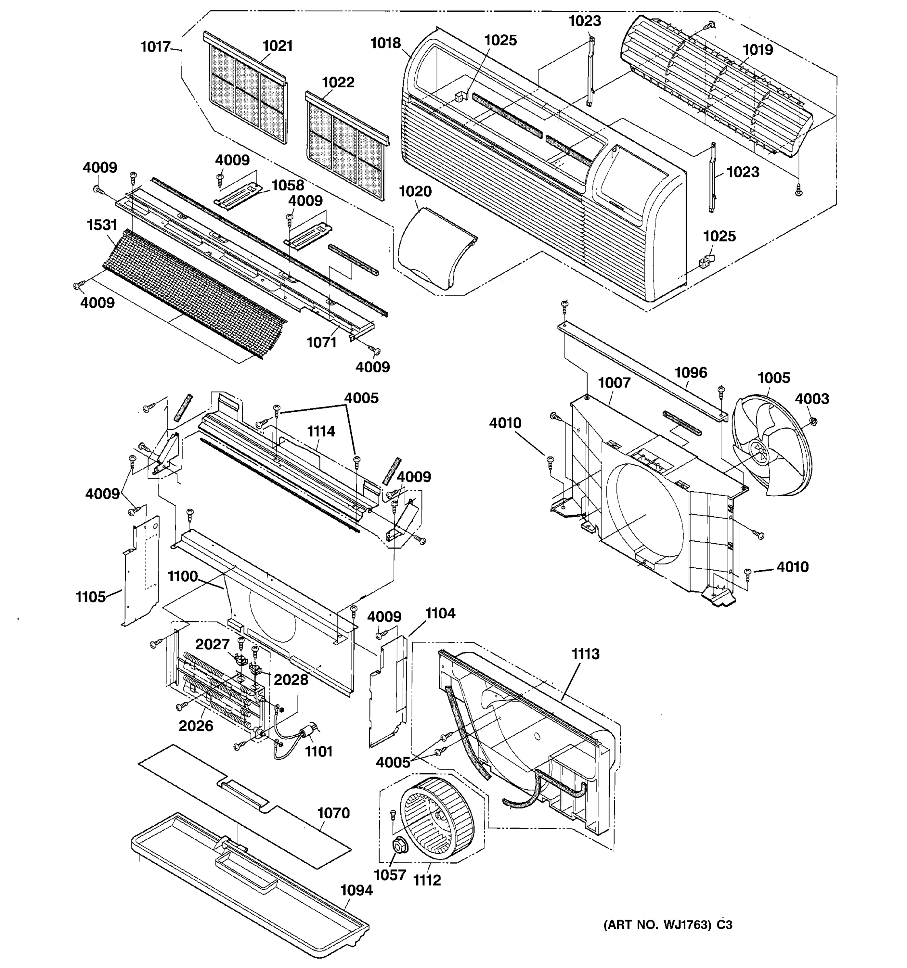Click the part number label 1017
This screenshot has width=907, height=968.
pyautogui.click(x=155, y=47)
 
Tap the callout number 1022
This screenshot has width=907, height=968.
pyautogui.click(x=338, y=82)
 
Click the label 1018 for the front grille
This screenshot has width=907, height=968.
pyautogui.click(x=385, y=43)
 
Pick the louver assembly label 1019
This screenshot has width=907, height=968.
pyautogui.click(x=757, y=50)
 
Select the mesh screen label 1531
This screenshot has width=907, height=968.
pyautogui.click(x=102, y=225)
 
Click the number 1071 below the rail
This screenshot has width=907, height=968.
pyautogui.click(x=321, y=342)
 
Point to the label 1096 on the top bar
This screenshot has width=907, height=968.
pyautogui.click(x=691, y=373)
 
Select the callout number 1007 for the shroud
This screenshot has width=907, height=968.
pyautogui.click(x=614, y=383)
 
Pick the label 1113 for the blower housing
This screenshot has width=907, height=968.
pyautogui.click(x=585, y=654)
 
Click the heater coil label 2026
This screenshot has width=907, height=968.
pyautogui.click(x=196, y=726)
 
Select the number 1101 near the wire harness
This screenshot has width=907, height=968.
pyautogui.click(x=319, y=751)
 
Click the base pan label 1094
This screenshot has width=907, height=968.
pyautogui.click(x=356, y=890)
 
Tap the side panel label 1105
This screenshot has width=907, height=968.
pyautogui.click(x=91, y=597)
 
